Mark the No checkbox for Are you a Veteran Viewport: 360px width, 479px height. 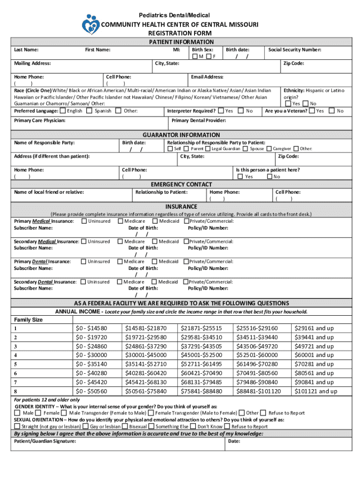tap(332, 111)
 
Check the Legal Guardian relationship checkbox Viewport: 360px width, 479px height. tap(208, 149)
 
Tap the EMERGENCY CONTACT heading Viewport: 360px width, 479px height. tap(181, 184)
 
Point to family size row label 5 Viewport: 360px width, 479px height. tap(16, 364)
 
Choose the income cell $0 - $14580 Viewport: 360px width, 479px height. tap(91, 328)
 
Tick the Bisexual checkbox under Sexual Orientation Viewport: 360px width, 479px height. tap(125, 426)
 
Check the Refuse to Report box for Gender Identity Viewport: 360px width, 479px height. tap(264, 413)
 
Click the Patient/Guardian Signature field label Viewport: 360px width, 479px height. tap(45, 441)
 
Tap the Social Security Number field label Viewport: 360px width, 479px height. tap(294, 49)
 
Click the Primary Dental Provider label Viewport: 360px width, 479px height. tap(199, 121)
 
